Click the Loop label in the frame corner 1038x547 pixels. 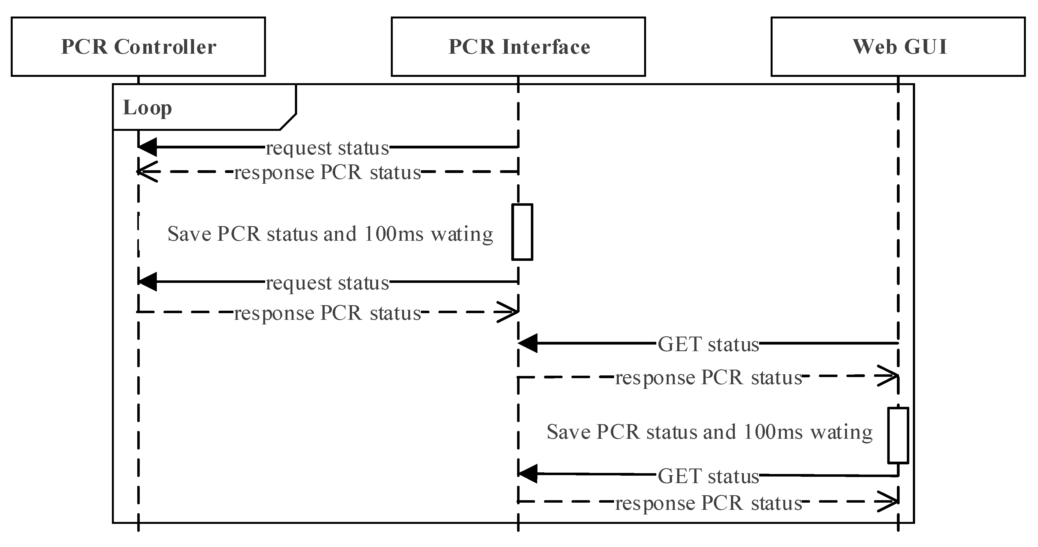click(147, 107)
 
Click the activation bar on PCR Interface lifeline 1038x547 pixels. click(522, 232)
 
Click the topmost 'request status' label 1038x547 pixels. click(327, 148)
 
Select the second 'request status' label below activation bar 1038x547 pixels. click(327, 283)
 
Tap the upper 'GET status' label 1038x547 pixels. click(708, 344)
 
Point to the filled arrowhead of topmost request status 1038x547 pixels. click(147, 147)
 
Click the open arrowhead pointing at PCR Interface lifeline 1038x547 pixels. click(509, 312)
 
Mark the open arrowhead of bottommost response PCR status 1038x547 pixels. click(889, 502)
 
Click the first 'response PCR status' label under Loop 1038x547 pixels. click(327, 172)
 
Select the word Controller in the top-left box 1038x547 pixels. click(165, 47)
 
